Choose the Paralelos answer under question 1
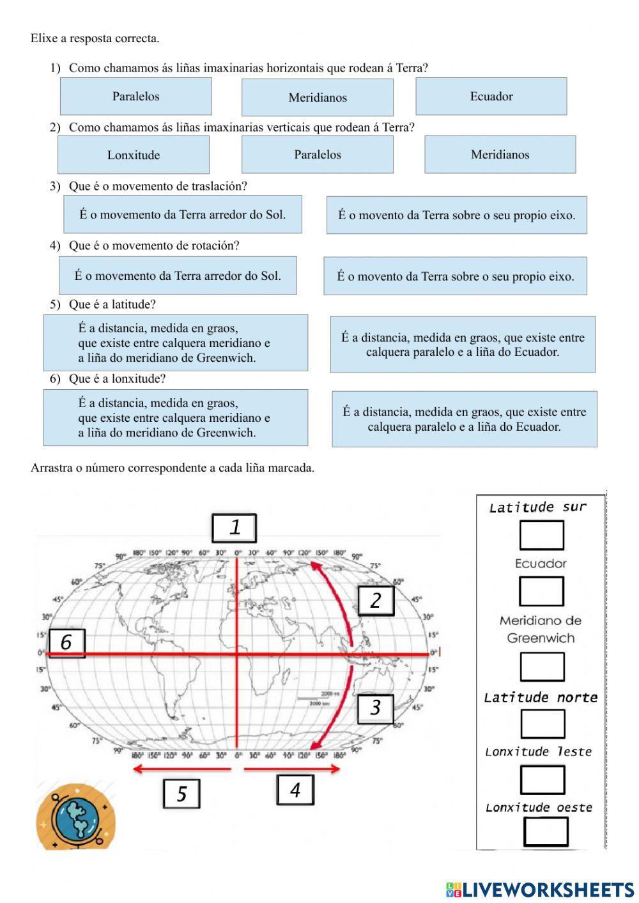click(x=135, y=96)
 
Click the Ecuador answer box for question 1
click(x=491, y=96)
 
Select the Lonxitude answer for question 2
click(x=133, y=155)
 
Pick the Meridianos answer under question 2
click(x=500, y=154)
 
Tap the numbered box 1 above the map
click(x=235, y=528)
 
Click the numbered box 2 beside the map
click(x=375, y=600)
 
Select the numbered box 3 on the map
click(x=375, y=707)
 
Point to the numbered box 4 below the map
click(x=295, y=790)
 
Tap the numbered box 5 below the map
click(x=181, y=794)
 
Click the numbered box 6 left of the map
click(x=66, y=642)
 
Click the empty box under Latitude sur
click(x=541, y=535)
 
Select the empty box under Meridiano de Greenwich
click(x=542, y=667)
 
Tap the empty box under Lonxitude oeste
click(x=546, y=831)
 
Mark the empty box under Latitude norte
click(x=543, y=723)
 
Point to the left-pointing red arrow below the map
click(x=181, y=769)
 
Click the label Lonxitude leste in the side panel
click(x=538, y=752)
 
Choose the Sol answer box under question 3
click(x=182, y=215)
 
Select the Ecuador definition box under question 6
click(x=464, y=419)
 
